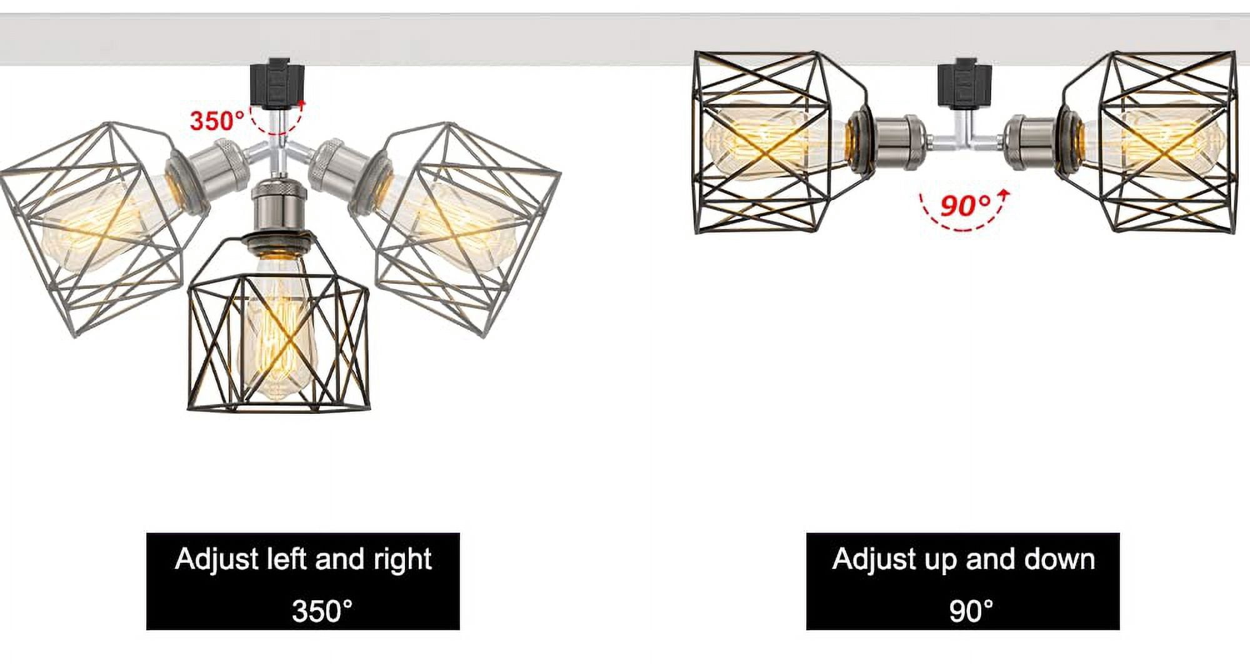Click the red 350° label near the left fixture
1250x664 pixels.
[x=217, y=120]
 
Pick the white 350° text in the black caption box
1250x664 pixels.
[x=322, y=611]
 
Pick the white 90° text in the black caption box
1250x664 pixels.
[x=971, y=611]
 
